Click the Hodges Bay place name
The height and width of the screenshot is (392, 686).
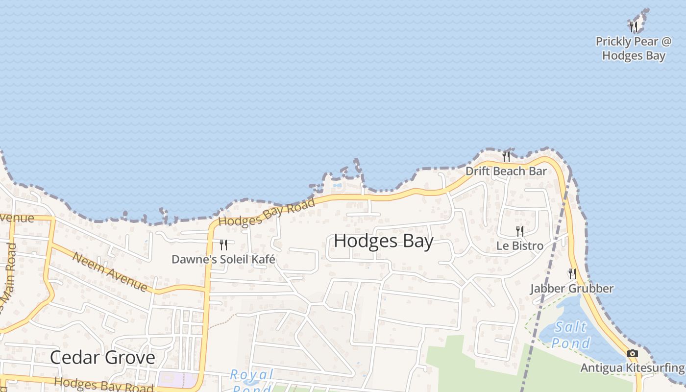click(383, 241)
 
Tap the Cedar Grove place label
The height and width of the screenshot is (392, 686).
click(102, 357)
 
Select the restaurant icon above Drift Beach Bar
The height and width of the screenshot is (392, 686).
click(506, 156)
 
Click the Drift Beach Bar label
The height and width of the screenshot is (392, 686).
click(506, 171)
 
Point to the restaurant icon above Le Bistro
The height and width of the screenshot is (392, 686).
click(520, 231)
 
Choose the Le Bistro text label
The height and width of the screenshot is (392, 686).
click(519, 245)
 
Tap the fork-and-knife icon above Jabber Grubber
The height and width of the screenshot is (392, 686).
click(572, 273)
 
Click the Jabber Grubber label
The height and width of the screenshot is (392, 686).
click(571, 288)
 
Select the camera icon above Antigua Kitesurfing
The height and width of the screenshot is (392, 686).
click(633, 353)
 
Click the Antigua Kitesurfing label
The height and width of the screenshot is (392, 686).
click(632, 367)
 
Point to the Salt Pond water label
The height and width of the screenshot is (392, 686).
click(571, 335)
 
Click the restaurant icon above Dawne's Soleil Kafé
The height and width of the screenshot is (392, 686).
click(223, 245)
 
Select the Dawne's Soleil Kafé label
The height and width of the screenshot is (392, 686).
click(223, 259)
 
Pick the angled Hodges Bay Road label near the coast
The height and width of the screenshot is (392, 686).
click(267, 212)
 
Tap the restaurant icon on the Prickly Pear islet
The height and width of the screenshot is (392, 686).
click(634, 26)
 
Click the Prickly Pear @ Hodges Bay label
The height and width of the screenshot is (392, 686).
click(633, 49)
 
